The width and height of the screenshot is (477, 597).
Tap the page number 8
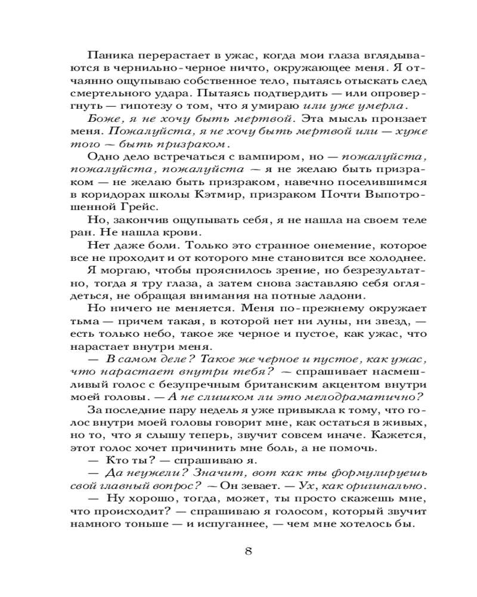coord(248,551)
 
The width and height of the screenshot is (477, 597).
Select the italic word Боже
coord(103,119)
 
